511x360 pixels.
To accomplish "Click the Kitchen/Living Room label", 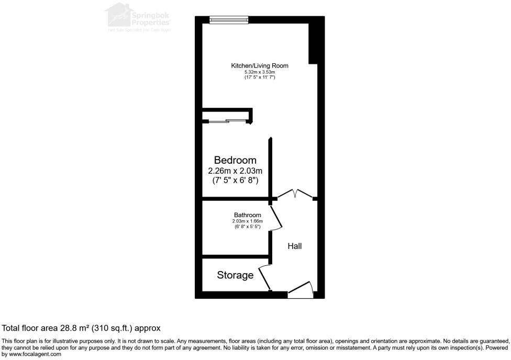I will click(260, 66).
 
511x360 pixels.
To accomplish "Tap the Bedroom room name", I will click(235, 160).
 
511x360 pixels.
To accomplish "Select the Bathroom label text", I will click(247, 215).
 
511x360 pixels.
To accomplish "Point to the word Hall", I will click(295, 246).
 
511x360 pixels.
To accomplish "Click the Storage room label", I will click(235, 275).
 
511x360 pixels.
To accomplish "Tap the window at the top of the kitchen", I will click(229, 20).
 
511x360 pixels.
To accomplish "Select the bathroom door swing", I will click(276, 218).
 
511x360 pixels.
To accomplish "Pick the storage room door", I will click(264, 278).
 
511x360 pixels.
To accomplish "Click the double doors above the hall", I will click(295, 195).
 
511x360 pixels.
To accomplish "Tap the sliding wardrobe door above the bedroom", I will click(227, 122).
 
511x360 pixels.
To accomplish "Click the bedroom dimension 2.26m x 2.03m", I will click(235, 171).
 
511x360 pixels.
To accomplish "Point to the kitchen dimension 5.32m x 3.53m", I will click(260, 72).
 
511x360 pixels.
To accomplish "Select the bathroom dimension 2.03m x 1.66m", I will click(247, 221).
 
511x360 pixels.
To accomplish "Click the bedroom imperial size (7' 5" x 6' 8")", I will click(235, 181).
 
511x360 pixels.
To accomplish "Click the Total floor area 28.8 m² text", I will click(81, 328).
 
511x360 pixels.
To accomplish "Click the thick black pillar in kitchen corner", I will click(314, 42).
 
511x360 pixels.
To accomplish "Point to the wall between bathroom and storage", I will click(236, 257).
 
